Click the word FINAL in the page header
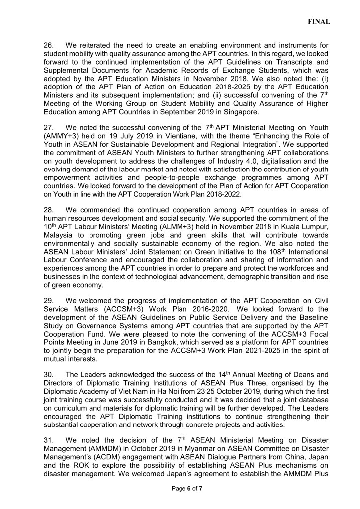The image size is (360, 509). coord(319,22)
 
